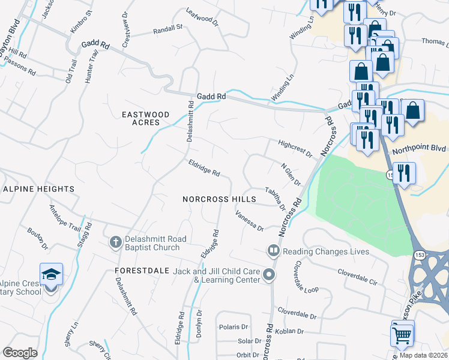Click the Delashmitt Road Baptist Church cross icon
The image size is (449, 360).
(115, 243)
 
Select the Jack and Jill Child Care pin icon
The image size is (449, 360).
(269, 276)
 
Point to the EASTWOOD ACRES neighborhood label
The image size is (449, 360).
(141, 118)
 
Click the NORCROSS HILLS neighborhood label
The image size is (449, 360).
(219, 199)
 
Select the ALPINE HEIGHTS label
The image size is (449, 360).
(38, 189)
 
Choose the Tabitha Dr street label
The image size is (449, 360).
(276, 197)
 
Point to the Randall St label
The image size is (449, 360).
(167, 28)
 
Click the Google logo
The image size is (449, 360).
(20, 353)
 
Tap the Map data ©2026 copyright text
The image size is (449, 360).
(423, 355)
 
